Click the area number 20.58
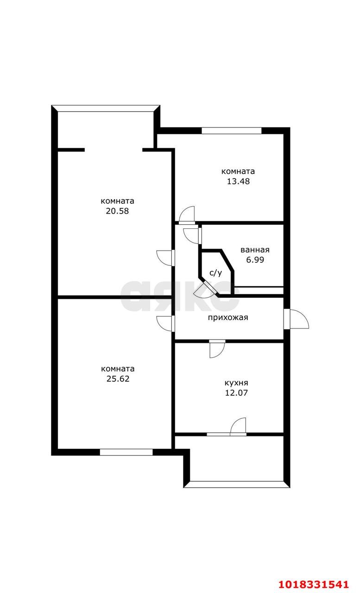(x=117, y=211)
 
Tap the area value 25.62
(x=118, y=379)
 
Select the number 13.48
(x=238, y=181)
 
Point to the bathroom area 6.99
(x=255, y=260)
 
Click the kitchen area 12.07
(x=236, y=392)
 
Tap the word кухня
(x=236, y=383)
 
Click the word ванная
(x=255, y=250)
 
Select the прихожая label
(x=228, y=317)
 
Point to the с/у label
(x=216, y=273)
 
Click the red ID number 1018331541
(x=313, y=584)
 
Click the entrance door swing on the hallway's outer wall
(x=299, y=319)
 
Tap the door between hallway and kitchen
(x=217, y=349)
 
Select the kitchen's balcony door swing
(x=238, y=427)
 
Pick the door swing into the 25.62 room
(x=165, y=323)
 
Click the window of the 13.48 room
(x=232, y=131)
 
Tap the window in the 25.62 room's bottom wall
(x=126, y=452)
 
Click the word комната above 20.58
(x=117, y=201)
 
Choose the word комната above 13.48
(x=238, y=171)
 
